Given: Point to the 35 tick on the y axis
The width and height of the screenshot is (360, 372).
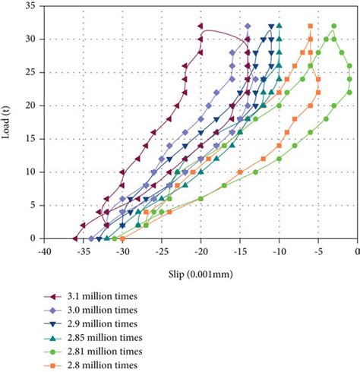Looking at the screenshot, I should (36, 5).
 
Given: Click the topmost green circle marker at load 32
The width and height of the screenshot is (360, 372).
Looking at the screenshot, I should (333, 25).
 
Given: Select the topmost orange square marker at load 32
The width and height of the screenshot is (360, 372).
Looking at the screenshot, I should (310, 25).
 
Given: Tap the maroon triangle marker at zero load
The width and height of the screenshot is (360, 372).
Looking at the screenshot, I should (75, 238).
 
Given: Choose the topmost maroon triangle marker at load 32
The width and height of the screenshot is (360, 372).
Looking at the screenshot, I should (201, 25).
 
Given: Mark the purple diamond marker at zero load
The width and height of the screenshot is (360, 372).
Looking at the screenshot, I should (91, 238).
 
